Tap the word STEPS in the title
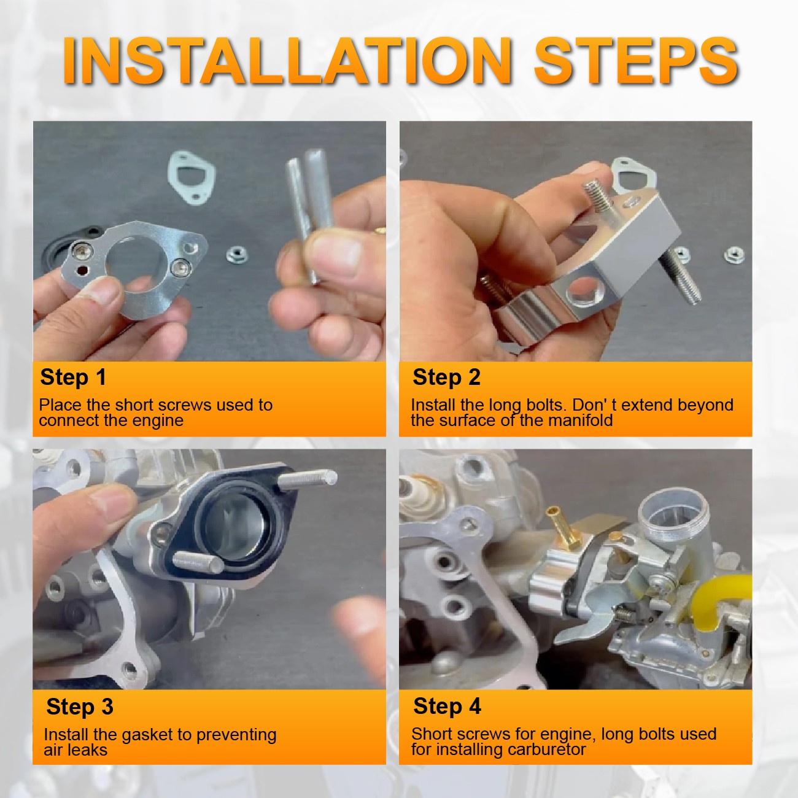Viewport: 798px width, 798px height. [637, 61]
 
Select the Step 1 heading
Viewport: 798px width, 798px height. [73, 378]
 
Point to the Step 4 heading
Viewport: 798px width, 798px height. [447, 707]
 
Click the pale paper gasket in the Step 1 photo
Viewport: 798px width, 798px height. [191, 177]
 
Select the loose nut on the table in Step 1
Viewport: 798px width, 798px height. [238, 255]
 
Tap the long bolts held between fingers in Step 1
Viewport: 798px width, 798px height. [311, 215]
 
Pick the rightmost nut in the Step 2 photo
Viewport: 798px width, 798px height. [734, 255]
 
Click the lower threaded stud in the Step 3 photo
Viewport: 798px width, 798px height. [198, 560]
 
